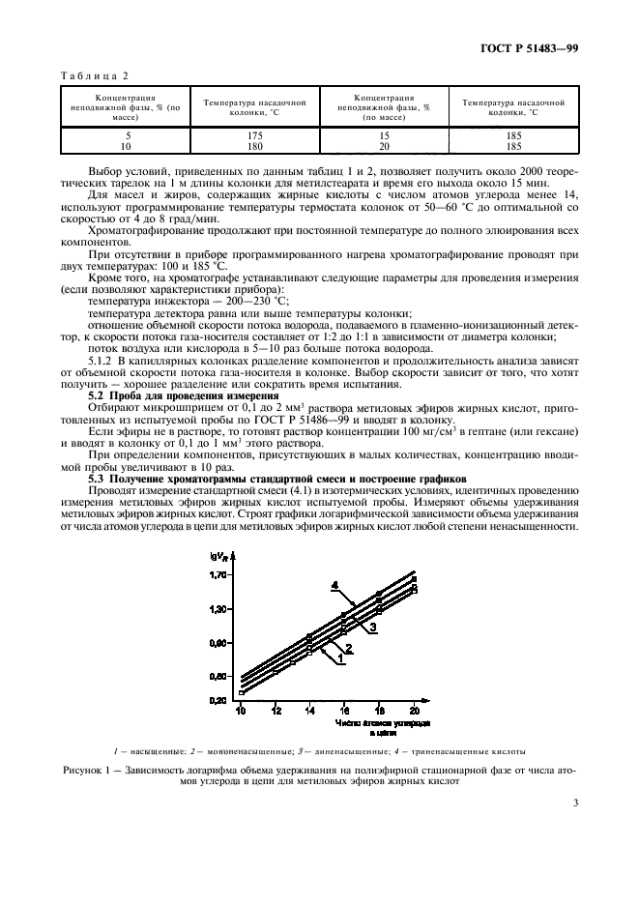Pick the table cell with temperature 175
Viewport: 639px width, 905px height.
click(255, 135)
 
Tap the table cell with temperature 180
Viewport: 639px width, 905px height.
click(255, 146)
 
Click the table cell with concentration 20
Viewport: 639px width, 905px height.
click(384, 146)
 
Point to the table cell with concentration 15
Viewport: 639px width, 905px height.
click(384, 135)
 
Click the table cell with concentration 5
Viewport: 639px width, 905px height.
click(126, 135)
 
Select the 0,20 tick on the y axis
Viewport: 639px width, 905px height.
click(219, 700)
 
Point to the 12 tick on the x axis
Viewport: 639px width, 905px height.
click(276, 711)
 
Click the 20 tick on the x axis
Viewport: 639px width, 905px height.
click(415, 711)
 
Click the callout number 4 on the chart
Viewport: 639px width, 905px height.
click(334, 585)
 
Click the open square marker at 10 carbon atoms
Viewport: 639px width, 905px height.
click(242, 692)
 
